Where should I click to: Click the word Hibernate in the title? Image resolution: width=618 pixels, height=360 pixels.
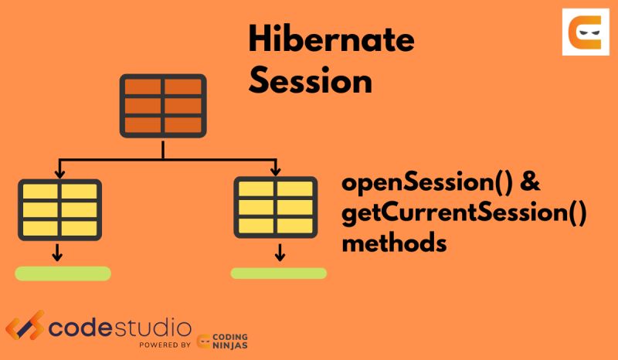(x=330, y=39)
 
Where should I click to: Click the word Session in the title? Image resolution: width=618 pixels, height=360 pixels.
(x=311, y=80)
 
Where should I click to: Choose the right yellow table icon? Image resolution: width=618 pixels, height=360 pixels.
(x=276, y=207)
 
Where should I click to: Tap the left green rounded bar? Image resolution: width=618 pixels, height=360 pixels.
(x=63, y=273)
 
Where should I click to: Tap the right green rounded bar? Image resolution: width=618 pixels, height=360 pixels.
(x=278, y=273)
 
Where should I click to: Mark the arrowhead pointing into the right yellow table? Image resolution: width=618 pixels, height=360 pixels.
(x=273, y=170)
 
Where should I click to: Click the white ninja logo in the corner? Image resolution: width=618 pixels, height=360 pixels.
(x=585, y=32)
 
